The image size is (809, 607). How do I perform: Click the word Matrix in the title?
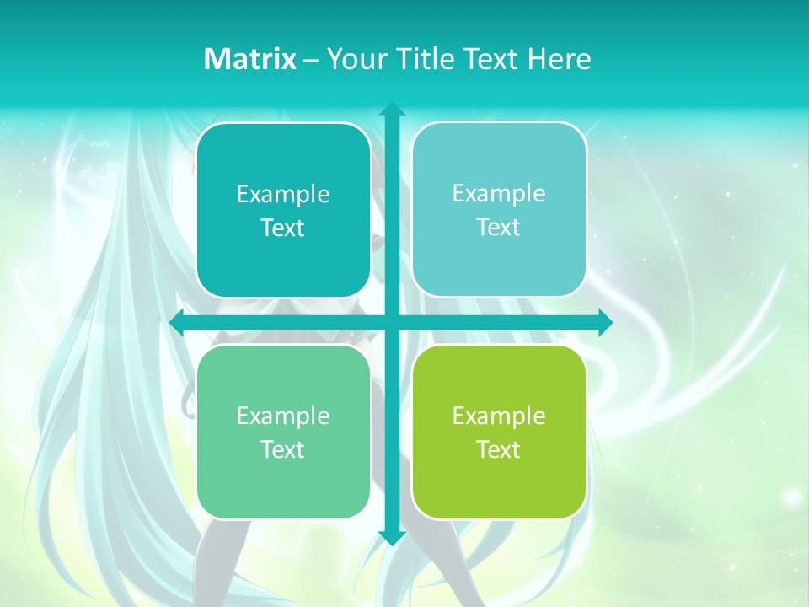pos(249,59)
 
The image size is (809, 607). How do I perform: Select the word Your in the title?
pos(356,59)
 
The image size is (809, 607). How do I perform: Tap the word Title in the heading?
pos(424,59)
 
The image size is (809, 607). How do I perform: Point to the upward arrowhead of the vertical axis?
pos(392,110)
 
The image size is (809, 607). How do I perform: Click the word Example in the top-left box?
pos(283,195)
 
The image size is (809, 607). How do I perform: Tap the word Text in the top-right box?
pos(498,228)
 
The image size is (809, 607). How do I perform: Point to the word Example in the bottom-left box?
pos(283,416)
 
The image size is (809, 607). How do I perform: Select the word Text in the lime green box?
pos(498,449)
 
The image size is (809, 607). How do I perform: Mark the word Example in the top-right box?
pos(499,194)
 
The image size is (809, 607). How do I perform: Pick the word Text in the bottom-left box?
pos(282,449)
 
